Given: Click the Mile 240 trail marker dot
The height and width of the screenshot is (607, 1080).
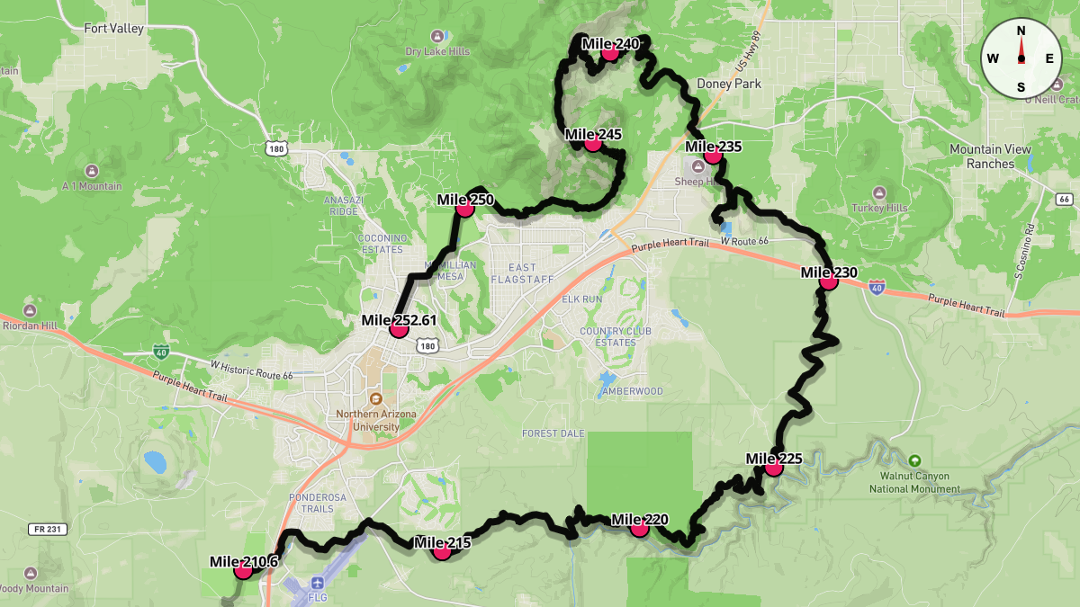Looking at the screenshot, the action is point(610,52).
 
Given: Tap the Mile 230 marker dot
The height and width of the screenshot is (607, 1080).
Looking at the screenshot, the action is point(828,281).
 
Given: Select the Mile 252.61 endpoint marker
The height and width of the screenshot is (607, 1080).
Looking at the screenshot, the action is point(399,329).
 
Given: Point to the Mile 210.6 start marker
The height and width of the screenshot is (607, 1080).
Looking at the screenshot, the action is point(243,570).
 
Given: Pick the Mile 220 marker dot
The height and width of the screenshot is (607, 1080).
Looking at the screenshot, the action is point(639,528).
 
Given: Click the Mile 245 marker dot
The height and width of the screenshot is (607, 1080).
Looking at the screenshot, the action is point(592,143).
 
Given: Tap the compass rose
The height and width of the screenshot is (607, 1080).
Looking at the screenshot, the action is point(1021,58).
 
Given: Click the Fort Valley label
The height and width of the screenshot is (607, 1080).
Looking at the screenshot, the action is point(113,29).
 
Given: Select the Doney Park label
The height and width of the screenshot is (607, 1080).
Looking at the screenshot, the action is point(729,84).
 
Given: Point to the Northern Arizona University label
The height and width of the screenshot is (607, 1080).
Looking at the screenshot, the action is point(376,420).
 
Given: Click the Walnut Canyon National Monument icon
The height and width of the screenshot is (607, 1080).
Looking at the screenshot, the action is point(914,460).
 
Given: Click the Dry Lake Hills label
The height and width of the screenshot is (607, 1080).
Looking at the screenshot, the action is point(437,51).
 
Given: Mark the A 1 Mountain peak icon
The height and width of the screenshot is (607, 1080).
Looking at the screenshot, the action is point(92,171).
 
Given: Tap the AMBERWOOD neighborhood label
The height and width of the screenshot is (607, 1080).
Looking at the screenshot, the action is point(632,391).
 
